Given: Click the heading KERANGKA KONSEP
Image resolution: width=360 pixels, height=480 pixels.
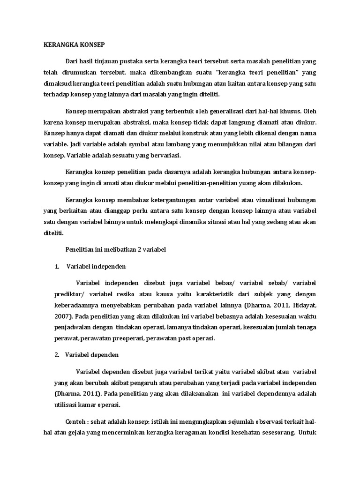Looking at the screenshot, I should (74, 45).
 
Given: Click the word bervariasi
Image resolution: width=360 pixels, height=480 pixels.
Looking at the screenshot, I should (165, 156).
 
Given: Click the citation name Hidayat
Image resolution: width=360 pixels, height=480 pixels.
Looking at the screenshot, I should (306, 305).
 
